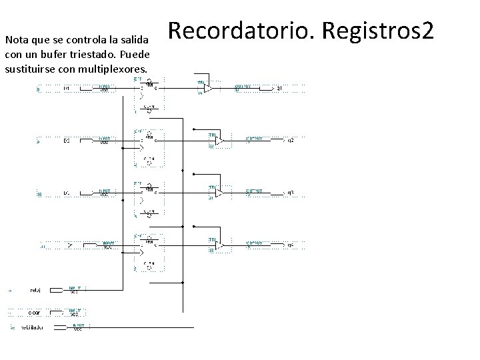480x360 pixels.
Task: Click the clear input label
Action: pos(34,312)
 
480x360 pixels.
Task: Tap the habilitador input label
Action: pos(32,328)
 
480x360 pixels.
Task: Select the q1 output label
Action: pos(280,88)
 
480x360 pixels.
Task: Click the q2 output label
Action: pos(289,141)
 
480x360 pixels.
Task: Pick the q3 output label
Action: pos(289,193)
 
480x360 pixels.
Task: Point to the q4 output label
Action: pos(289,245)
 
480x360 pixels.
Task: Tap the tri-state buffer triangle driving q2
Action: pos(218,141)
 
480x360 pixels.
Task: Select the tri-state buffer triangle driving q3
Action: pos(218,193)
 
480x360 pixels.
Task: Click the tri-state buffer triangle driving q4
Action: pos(218,245)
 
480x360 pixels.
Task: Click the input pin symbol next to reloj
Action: pos(75,290)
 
